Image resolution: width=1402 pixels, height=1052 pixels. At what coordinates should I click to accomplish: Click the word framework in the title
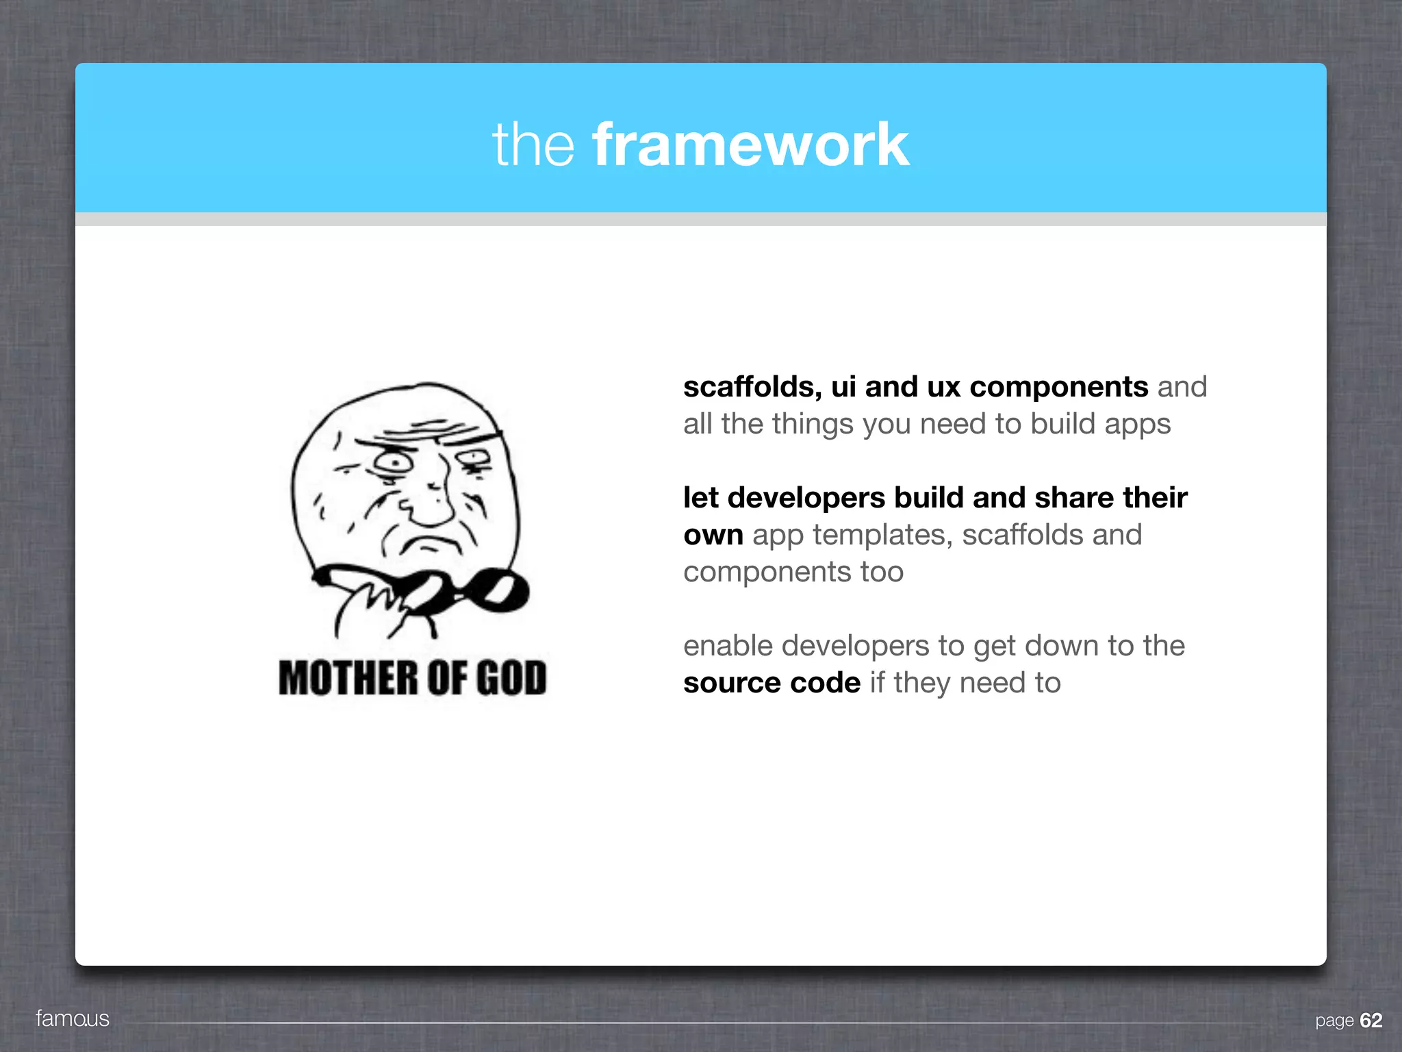pos(750,145)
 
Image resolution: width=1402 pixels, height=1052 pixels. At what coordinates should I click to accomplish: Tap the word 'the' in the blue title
pos(533,145)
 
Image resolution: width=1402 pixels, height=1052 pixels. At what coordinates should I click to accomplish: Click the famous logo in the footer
pos(73,1018)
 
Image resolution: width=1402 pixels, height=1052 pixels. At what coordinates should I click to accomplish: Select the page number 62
pos(1371,1020)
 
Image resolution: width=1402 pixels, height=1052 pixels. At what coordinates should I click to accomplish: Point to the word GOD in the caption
pos(511,678)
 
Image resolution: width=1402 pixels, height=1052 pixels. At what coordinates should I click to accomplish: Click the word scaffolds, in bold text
pos(752,387)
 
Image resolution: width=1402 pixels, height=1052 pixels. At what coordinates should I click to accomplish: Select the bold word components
pos(1058,387)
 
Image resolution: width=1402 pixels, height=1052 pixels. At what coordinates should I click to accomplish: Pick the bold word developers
pos(806,498)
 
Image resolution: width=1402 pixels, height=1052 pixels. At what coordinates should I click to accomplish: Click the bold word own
pos(713,535)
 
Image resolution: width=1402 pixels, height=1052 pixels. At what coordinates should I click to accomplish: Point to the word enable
pos(728,646)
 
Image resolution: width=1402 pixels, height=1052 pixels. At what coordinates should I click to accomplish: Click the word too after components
pos(882,572)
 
